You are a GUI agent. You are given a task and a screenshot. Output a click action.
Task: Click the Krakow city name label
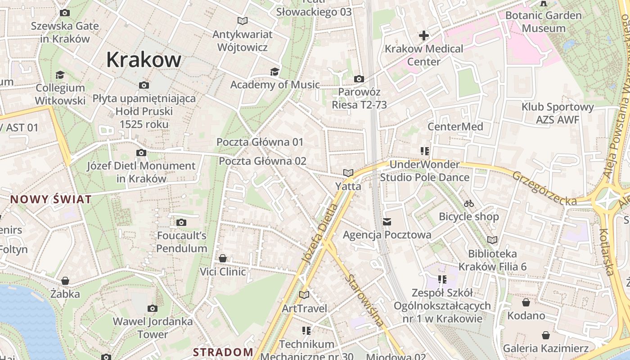[x=144, y=59]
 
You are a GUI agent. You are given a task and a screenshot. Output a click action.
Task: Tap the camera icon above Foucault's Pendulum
[x=181, y=222]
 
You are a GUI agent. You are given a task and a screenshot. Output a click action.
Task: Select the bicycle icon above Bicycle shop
[x=469, y=203]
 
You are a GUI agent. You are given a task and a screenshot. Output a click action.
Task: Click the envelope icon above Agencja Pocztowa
[x=387, y=221]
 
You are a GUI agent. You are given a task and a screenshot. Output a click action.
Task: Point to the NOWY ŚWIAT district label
[x=51, y=199]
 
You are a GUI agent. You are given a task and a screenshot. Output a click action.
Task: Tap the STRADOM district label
[x=223, y=352]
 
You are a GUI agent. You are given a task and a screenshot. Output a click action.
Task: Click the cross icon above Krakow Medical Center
[x=423, y=35]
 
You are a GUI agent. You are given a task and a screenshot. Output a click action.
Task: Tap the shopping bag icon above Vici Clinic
[x=223, y=258]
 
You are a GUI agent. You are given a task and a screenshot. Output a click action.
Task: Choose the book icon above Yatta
[x=348, y=173]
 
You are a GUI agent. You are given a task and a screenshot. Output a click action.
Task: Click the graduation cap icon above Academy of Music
[x=274, y=72]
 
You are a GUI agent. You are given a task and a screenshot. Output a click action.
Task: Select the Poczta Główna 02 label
[x=262, y=161]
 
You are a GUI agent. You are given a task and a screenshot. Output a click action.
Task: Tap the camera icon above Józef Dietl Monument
[x=141, y=153]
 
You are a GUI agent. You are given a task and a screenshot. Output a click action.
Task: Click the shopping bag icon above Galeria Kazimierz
[x=546, y=335]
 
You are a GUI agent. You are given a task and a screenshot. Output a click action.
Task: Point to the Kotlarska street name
[x=606, y=252]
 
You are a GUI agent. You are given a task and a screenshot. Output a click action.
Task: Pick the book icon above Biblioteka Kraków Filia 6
[x=492, y=240]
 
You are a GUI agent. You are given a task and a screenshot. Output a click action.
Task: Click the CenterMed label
[x=455, y=126]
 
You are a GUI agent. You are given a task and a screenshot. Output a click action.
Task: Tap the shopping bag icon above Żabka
[x=65, y=281]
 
